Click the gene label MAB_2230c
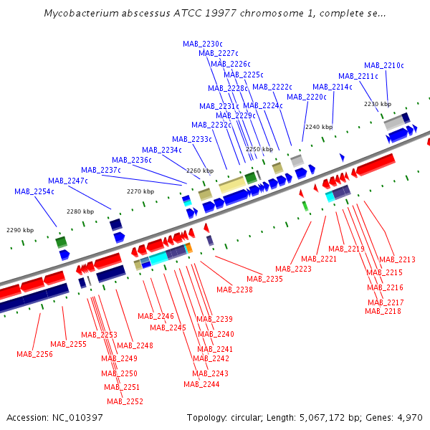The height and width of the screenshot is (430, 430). pyautogui.click(x=203, y=44)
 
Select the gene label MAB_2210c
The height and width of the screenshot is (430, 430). pyautogui.click(x=384, y=65)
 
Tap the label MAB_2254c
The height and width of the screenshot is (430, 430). pyautogui.click(x=34, y=191)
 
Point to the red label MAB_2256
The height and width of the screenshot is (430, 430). pyautogui.click(x=35, y=354)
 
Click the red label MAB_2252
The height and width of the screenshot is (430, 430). pyautogui.click(x=125, y=401)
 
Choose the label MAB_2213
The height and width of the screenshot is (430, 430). pyautogui.click(x=397, y=259)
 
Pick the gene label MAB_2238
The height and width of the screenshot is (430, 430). pyautogui.click(x=234, y=290)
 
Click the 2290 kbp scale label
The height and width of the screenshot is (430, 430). pyautogui.click(x=20, y=230)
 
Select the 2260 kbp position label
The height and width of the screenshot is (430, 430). pyautogui.click(x=200, y=171)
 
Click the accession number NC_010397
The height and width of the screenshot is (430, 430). pyautogui.click(x=78, y=417)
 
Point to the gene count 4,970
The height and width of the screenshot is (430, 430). pyautogui.click(x=408, y=417)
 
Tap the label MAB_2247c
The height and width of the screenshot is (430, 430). pyautogui.click(x=68, y=181)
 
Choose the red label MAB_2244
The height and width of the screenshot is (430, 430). pyautogui.click(x=201, y=384)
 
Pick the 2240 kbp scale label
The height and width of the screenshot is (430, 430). pyautogui.click(x=319, y=127)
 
